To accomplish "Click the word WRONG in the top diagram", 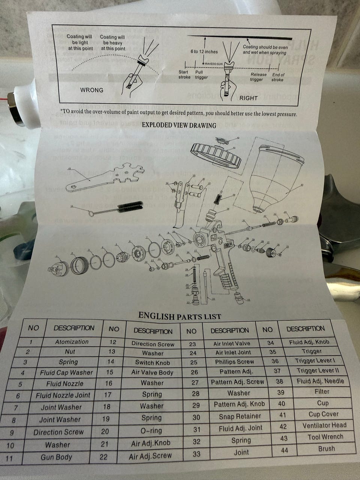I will pyautogui.click(x=91, y=90).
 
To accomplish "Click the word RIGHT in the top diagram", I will pyautogui.click(x=248, y=98).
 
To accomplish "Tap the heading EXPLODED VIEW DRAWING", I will pyautogui.click(x=179, y=125).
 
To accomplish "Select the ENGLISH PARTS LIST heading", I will pyautogui.click(x=180, y=316).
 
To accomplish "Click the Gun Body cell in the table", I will pyautogui.click(x=56, y=457).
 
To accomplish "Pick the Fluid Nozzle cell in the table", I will pyautogui.click(x=65, y=384).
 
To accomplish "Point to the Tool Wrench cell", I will pyautogui.click(x=325, y=437).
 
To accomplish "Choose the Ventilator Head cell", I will pyautogui.click(x=324, y=426).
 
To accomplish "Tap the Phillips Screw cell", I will pyautogui.click(x=234, y=362).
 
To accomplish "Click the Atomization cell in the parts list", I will pyautogui.click(x=72, y=342).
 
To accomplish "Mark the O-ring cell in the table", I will pyautogui.click(x=151, y=430).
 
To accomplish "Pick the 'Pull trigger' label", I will pyautogui.click(x=201, y=75).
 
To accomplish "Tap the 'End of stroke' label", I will pyautogui.click(x=278, y=77).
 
